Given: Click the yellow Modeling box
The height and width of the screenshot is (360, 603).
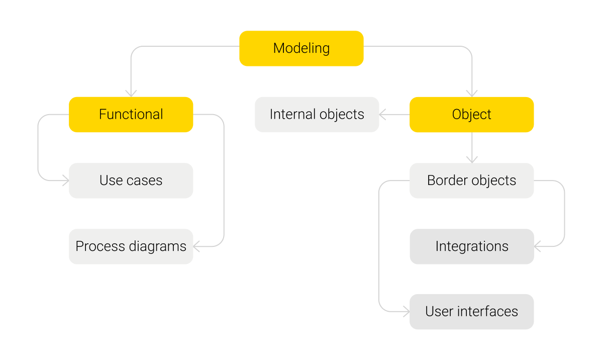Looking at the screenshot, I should (301, 48).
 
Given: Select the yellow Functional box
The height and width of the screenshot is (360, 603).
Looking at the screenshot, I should (131, 115).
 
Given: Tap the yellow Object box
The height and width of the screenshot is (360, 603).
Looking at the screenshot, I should (471, 115).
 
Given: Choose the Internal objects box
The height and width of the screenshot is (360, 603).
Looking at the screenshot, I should (317, 115).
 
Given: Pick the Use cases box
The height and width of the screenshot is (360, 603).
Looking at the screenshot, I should (131, 181).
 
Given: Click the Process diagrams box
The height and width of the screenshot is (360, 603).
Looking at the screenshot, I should (131, 246).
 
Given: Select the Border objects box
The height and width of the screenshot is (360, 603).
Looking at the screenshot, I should (471, 181).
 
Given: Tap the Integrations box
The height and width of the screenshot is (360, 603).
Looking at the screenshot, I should (471, 246).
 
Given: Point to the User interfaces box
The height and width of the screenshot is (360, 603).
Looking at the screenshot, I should (471, 312).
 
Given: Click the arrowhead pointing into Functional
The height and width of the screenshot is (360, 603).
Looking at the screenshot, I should (131, 94).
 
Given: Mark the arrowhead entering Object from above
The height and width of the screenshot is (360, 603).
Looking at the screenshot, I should (472, 94).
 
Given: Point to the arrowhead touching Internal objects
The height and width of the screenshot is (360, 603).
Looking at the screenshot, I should (382, 115).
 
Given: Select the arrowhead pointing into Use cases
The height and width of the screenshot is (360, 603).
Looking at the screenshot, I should (65, 181).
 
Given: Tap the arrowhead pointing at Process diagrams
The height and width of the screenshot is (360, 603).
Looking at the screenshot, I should (196, 246).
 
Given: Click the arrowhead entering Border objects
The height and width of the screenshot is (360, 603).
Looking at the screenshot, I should (472, 159).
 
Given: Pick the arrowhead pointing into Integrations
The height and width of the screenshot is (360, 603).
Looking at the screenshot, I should (537, 246).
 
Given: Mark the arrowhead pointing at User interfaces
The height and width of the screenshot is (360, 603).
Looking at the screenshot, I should (406, 312).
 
